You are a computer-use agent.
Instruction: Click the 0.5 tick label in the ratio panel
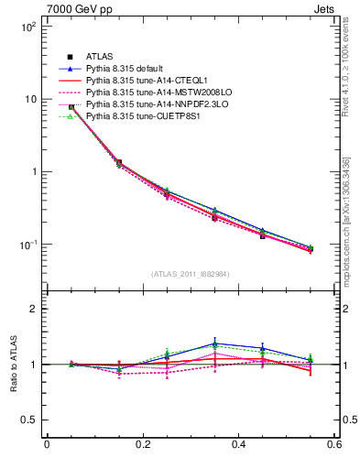click(29, 420)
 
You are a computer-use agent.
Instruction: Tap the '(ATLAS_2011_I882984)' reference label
click(191, 273)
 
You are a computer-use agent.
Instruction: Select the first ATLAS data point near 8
click(71, 107)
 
